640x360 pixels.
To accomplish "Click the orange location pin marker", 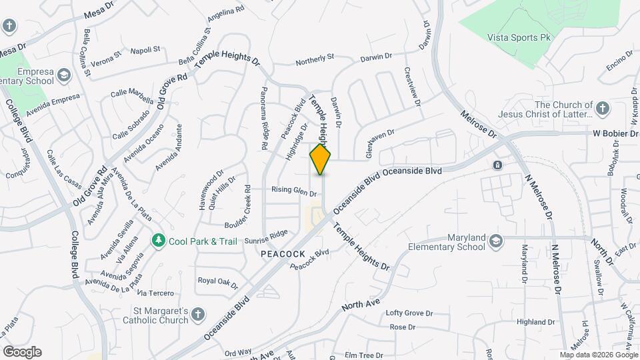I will [x=321, y=159].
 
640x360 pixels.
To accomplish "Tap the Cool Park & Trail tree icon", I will [x=158, y=239].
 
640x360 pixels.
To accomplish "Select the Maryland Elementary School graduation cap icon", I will [x=495, y=241].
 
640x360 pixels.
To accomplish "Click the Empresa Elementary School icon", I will [x=64, y=75].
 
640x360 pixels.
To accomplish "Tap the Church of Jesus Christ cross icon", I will [x=602, y=108].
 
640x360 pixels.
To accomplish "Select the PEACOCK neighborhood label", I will [x=283, y=254].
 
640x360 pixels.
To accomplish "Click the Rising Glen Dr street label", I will [x=293, y=191].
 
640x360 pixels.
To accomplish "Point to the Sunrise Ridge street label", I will [x=266, y=233].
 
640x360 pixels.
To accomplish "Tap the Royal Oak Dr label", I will [x=217, y=282].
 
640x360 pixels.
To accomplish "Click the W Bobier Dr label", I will [x=615, y=134].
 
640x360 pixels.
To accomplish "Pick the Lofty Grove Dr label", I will [x=409, y=313].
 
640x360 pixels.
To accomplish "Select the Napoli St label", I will [x=145, y=50].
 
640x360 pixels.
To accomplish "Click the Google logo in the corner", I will [x=22, y=352].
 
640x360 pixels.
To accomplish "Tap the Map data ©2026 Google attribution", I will [x=597, y=355].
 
